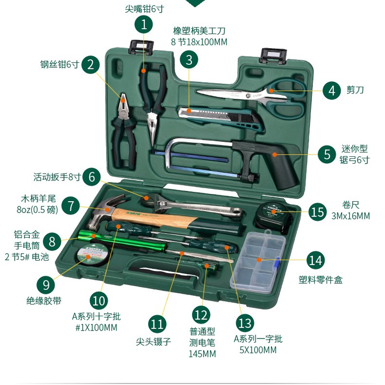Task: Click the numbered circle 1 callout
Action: pos(143,25)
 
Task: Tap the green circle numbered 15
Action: pos(318,212)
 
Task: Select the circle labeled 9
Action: pos(46,285)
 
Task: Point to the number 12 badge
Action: pos(201,315)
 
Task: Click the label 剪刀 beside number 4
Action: pos(355,90)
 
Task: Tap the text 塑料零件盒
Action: pos(321,280)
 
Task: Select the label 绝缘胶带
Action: pos(44,301)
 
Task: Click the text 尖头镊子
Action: pos(153,342)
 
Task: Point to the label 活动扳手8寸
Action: pos(57,177)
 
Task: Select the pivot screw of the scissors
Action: pos(249,95)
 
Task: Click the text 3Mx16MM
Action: pos(350,216)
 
